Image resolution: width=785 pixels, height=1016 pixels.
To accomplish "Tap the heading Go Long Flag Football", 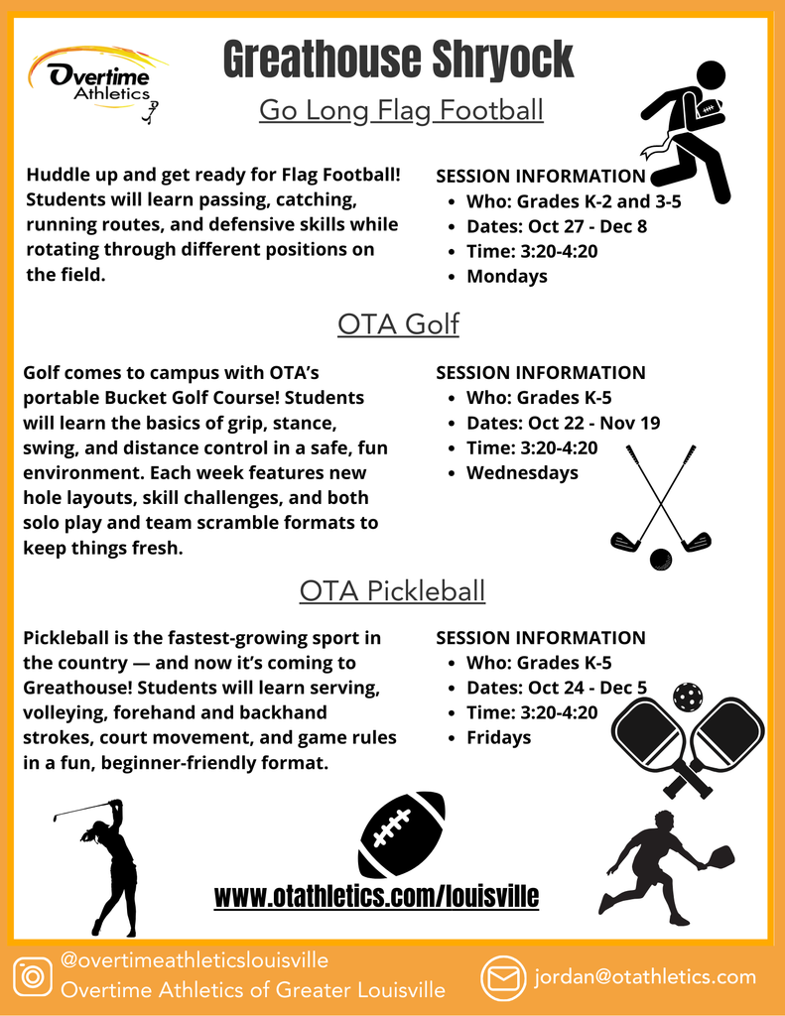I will pyautogui.click(x=401, y=109).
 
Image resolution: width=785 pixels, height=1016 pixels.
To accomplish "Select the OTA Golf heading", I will pyautogui.click(x=398, y=323).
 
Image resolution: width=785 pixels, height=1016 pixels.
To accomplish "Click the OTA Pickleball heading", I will pyautogui.click(x=392, y=591).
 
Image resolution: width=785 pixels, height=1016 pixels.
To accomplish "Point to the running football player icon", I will pyautogui.click(x=687, y=129).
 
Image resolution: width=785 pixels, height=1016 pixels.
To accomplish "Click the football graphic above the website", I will pyautogui.click(x=401, y=833).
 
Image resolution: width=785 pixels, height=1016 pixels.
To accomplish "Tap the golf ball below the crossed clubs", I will pyautogui.click(x=660, y=560).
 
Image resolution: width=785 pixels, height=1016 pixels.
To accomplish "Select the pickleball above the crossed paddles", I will pyautogui.click(x=687, y=696).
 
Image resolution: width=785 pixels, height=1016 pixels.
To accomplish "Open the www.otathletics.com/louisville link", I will pyautogui.click(x=377, y=898).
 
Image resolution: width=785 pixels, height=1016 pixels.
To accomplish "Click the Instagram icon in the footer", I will pyautogui.click(x=33, y=976).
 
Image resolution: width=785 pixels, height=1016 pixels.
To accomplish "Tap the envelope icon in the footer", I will pyautogui.click(x=503, y=978).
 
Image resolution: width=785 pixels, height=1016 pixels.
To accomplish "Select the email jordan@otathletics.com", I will pyautogui.click(x=645, y=977).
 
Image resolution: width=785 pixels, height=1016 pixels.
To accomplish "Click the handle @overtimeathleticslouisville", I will pyautogui.click(x=195, y=960).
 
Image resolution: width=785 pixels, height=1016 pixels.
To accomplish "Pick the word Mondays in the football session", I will pyautogui.click(x=506, y=276).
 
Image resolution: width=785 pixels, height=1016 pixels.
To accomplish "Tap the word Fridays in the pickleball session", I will pyautogui.click(x=498, y=737).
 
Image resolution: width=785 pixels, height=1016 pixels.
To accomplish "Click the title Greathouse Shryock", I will pyautogui.click(x=398, y=60).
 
